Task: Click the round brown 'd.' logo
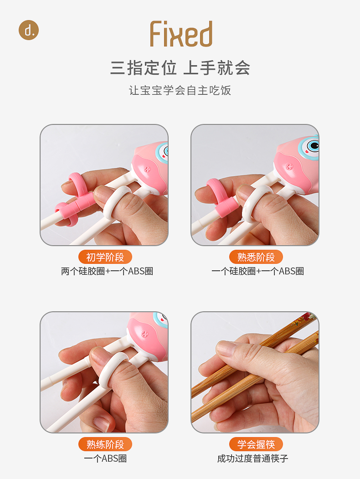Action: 29,30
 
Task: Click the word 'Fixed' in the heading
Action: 181,35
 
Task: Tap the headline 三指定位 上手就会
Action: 180,68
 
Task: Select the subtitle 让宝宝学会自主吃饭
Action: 180,90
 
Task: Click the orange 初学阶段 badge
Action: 105,257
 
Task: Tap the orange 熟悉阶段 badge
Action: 256,257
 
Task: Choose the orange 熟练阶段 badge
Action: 105,444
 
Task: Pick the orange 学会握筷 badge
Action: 256,444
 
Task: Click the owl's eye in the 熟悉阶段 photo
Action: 313,146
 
